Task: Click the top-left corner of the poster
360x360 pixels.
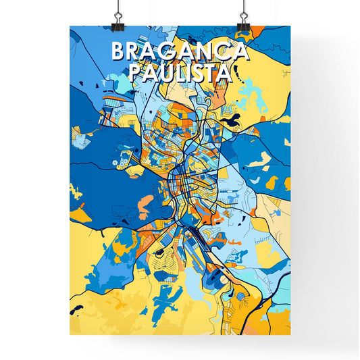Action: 70,26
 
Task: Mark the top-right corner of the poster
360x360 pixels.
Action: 291,26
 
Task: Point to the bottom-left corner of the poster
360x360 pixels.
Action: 70,336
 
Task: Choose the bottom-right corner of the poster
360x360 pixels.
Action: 291,336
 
